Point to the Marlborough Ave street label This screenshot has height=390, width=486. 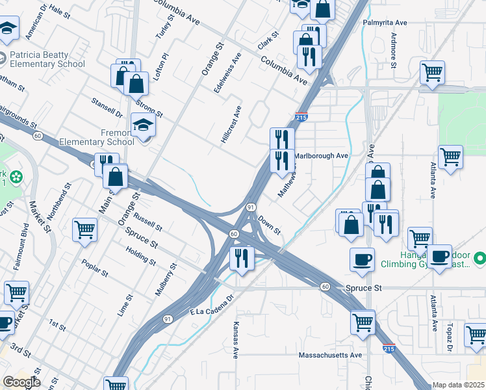(x=321, y=156)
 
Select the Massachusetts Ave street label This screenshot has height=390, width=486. (x=329, y=356)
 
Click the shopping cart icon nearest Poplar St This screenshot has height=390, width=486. (x=84, y=229)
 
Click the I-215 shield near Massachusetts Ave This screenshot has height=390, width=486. (x=389, y=349)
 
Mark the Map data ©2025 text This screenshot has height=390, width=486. (x=458, y=385)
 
